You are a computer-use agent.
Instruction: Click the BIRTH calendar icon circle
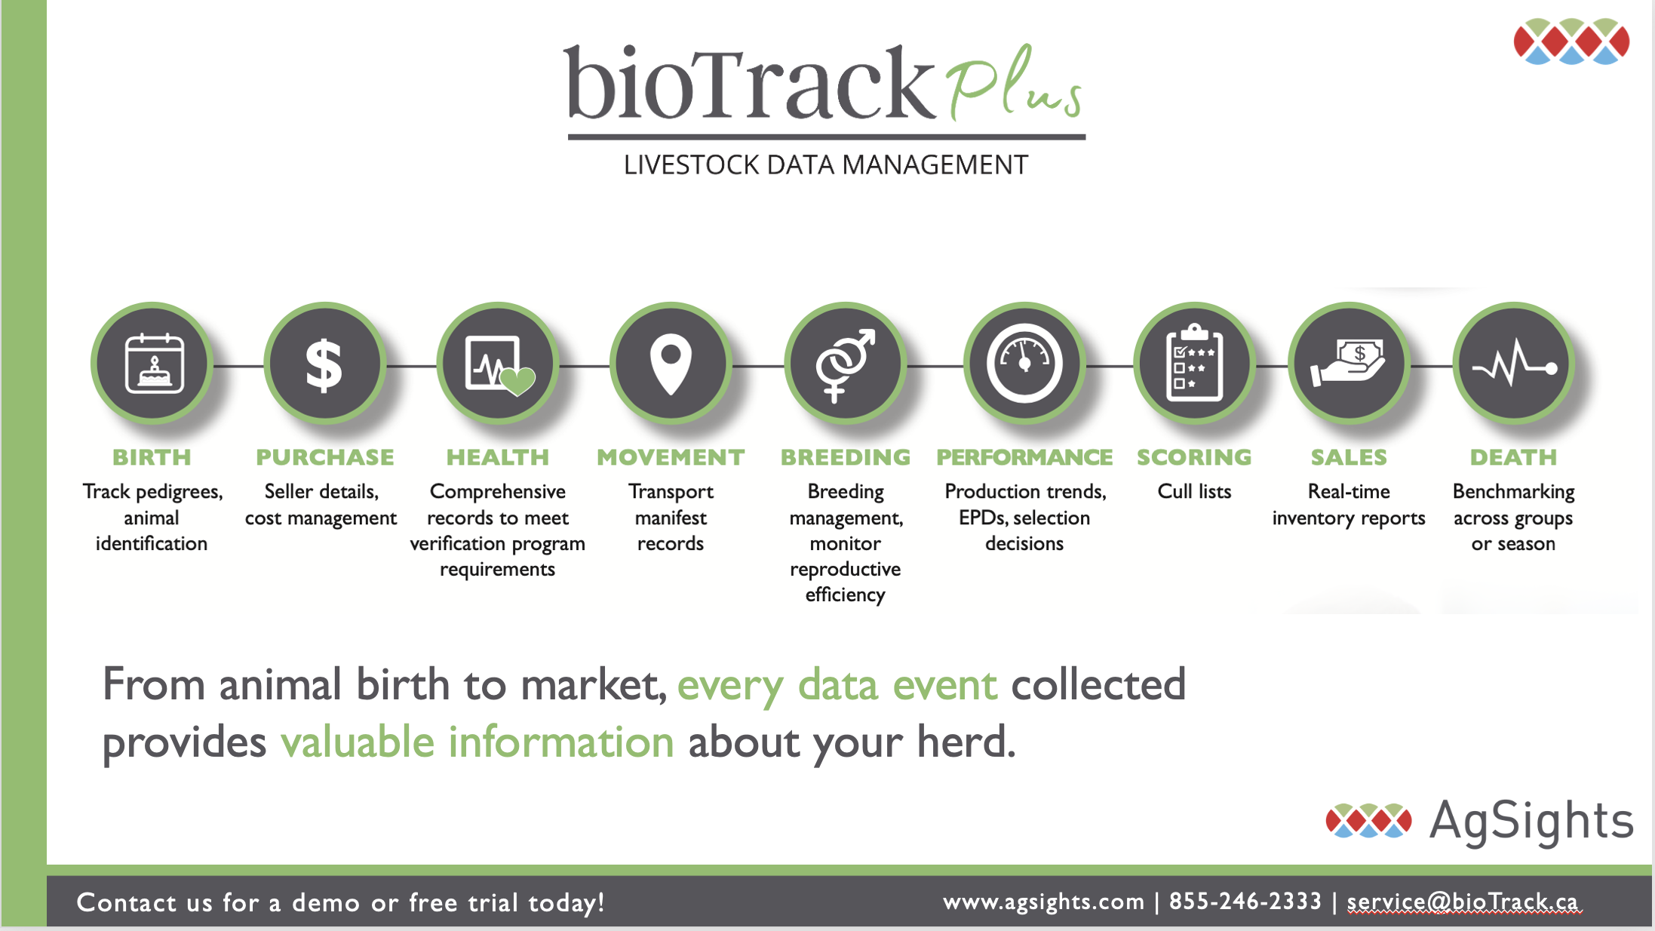(x=152, y=364)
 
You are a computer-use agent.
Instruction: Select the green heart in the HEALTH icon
(x=517, y=380)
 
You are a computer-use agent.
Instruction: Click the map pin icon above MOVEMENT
(x=671, y=364)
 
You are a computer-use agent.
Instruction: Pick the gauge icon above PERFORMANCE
(x=1024, y=364)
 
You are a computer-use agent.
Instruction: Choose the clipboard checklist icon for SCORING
(x=1194, y=364)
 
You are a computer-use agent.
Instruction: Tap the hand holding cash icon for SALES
(x=1349, y=364)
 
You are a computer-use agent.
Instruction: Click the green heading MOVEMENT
(x=671, y=457)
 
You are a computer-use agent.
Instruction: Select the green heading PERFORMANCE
(x=1024, y=457)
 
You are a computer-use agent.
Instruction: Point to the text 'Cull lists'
(x=1194, y=492)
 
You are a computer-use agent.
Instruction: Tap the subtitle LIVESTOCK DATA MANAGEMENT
(x=826, y=165)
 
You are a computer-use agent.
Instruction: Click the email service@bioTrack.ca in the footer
(x=1463, y=902)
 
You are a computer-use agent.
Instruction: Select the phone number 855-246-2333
(x=1245, y=902)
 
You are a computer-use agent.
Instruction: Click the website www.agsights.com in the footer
(x=1043, y=902)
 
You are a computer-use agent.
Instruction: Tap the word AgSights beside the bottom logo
(x=1531, y=821)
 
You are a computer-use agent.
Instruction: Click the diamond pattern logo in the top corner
(x=1571, y=41)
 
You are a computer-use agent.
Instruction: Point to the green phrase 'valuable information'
(x=477, y=742)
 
